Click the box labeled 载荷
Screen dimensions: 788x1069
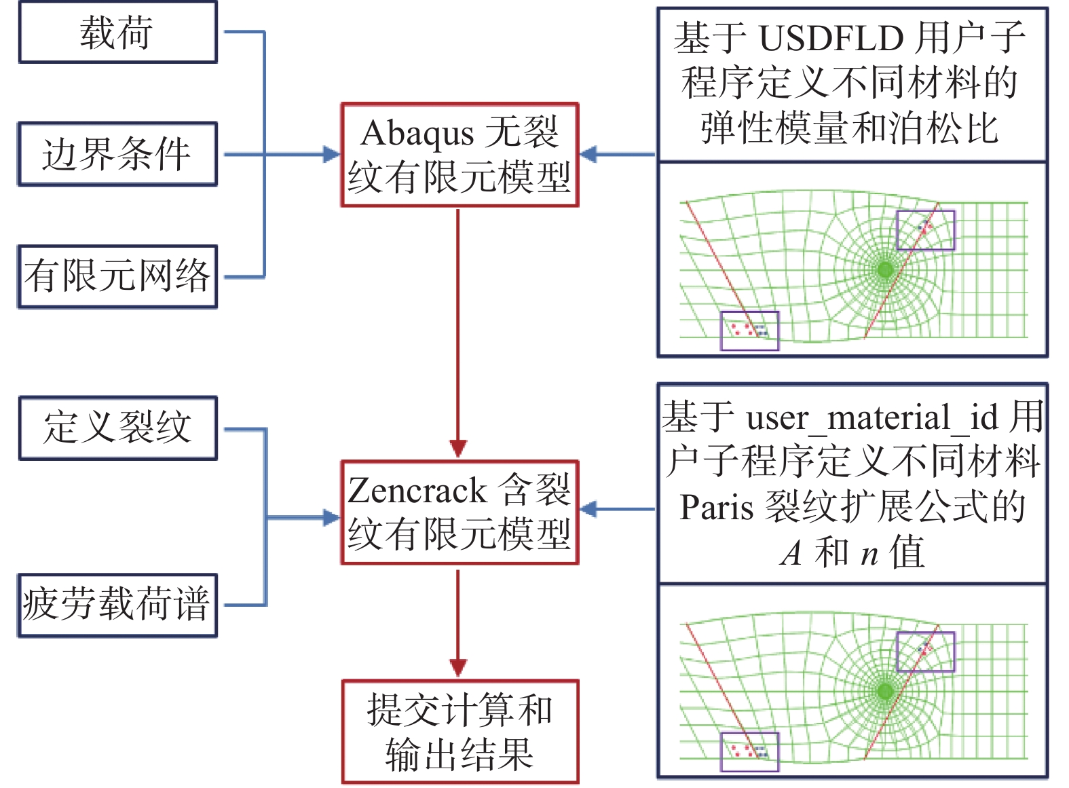click(117, 33)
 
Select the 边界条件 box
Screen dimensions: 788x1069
click(117, 154)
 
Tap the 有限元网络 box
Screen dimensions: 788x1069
click(117, 276)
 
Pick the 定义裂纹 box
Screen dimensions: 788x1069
click(117, 428)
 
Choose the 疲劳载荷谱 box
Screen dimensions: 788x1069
click(117, 605)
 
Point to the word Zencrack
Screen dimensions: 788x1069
click(417, 491)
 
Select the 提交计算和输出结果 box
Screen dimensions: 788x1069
click(460, 732)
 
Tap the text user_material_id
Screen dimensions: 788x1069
click(872, 417)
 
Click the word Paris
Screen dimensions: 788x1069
click(716, 507)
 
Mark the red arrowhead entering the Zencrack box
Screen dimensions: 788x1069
click(458, 449)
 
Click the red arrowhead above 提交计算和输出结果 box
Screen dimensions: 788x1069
click(458, 667)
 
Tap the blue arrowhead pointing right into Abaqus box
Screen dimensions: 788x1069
click(331, 155)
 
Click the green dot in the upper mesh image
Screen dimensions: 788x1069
click(885, 270)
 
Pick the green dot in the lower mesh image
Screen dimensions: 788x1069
click(885, 692)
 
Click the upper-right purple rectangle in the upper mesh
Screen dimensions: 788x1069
click(925, 231)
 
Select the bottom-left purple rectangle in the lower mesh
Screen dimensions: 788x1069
click(749, 752)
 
